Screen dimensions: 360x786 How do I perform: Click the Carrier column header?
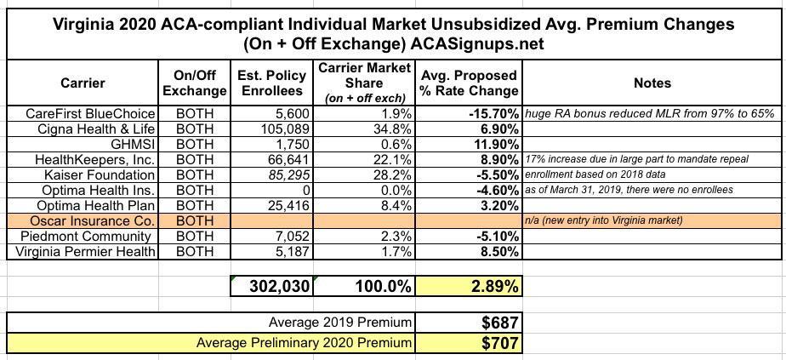tap(83, 83)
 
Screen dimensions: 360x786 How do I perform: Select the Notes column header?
tap(652, 83)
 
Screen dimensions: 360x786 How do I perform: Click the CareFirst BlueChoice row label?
tap(91, 113)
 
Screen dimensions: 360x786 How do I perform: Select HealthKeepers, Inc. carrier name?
tap(94, 159)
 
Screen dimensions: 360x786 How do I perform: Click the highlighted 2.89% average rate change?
tap(494, 287)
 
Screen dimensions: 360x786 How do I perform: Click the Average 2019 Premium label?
tap(340, 323)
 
